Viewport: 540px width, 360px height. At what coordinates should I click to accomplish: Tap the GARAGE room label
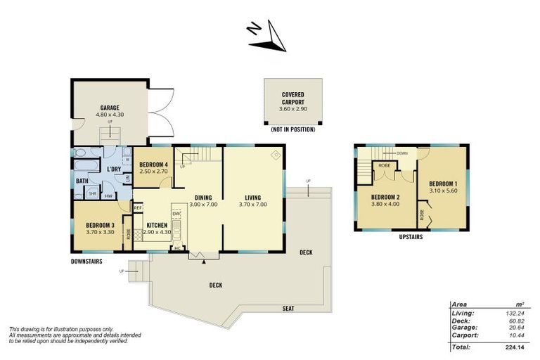pyautogui.click(x=109, y=108)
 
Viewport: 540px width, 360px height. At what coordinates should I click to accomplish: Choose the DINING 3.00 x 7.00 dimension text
pyautogui.click(x=198, y=204)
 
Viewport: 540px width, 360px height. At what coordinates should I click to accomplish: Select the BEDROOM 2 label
pyautogui.click(x=385, y=197)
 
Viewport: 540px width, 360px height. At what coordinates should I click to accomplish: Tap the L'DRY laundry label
pyautogui.click(x=114, y=169)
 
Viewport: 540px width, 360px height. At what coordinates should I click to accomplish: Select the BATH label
pyautogui.click(x=82, y=180)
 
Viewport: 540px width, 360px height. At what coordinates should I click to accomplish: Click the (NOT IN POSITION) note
pyautogui.click(x=292, y=130)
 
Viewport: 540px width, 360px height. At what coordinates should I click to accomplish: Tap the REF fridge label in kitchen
pyautogui.click(x=138, y=208)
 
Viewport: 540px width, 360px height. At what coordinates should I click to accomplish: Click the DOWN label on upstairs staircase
pyautogui.click(x=401, y=153)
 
